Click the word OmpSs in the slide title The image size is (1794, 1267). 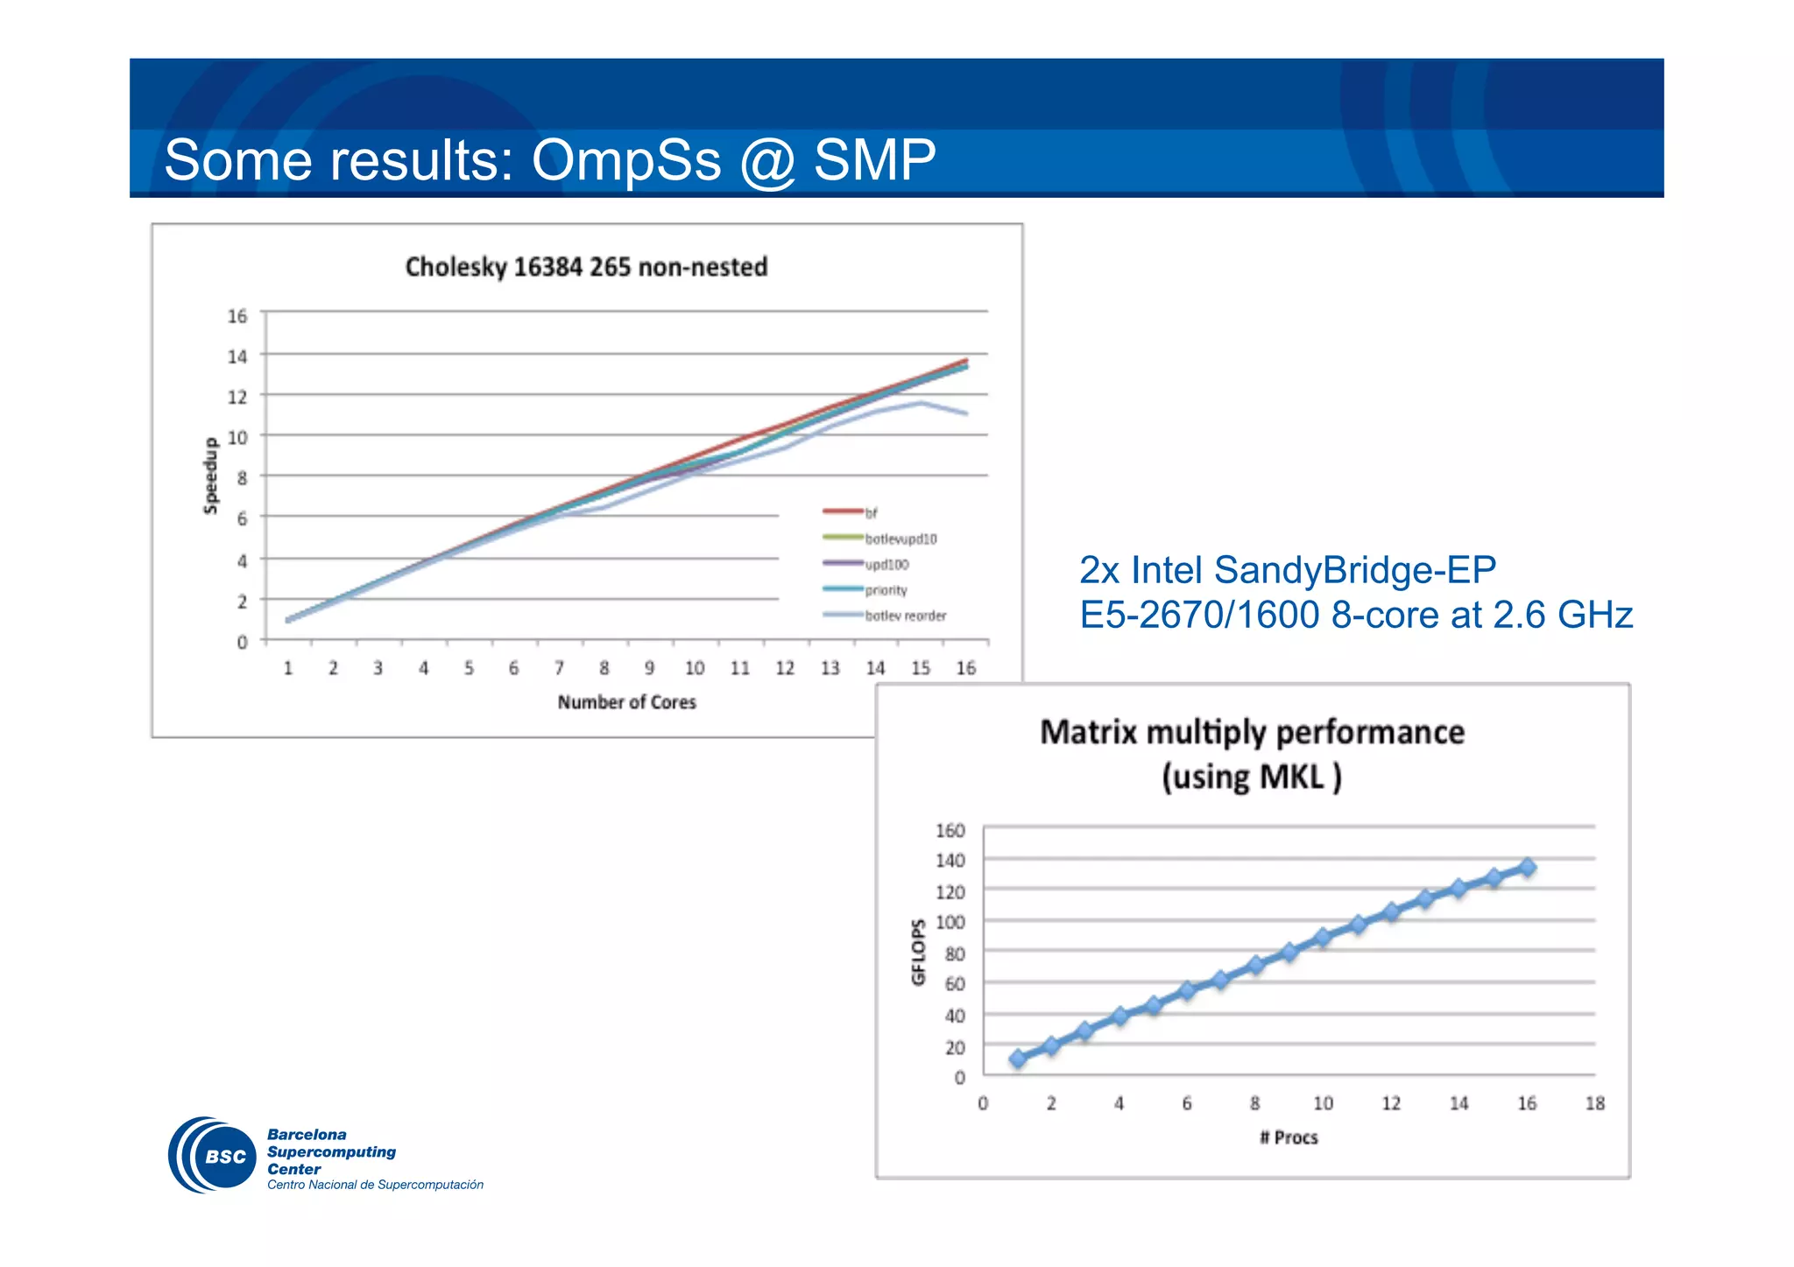pos(626,160)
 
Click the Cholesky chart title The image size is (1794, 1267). pos(586,267)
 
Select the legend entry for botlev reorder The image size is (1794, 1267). pos(905,616)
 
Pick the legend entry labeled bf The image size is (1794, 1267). pos(870,513)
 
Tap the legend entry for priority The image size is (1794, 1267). pos(886,590)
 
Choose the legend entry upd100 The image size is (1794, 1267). pos(886,565)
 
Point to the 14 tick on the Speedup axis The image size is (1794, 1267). pos(237,356)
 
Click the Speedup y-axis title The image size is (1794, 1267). pos(210,475)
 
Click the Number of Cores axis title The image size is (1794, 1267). pos(626,702)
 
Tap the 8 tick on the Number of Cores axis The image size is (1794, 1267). pos(604,668)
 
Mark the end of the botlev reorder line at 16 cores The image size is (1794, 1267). pos(966,413)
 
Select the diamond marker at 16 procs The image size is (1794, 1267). pos(1527,867)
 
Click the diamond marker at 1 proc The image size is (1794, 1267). pos(1017,1059)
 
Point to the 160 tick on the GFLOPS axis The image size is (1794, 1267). pos(950,830)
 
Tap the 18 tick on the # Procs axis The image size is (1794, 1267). pos(1594,1103)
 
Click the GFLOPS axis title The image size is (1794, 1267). pos(918,952)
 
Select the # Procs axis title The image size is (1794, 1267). pos(1288,1137)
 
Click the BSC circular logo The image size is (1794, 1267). pos(213,1155)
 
